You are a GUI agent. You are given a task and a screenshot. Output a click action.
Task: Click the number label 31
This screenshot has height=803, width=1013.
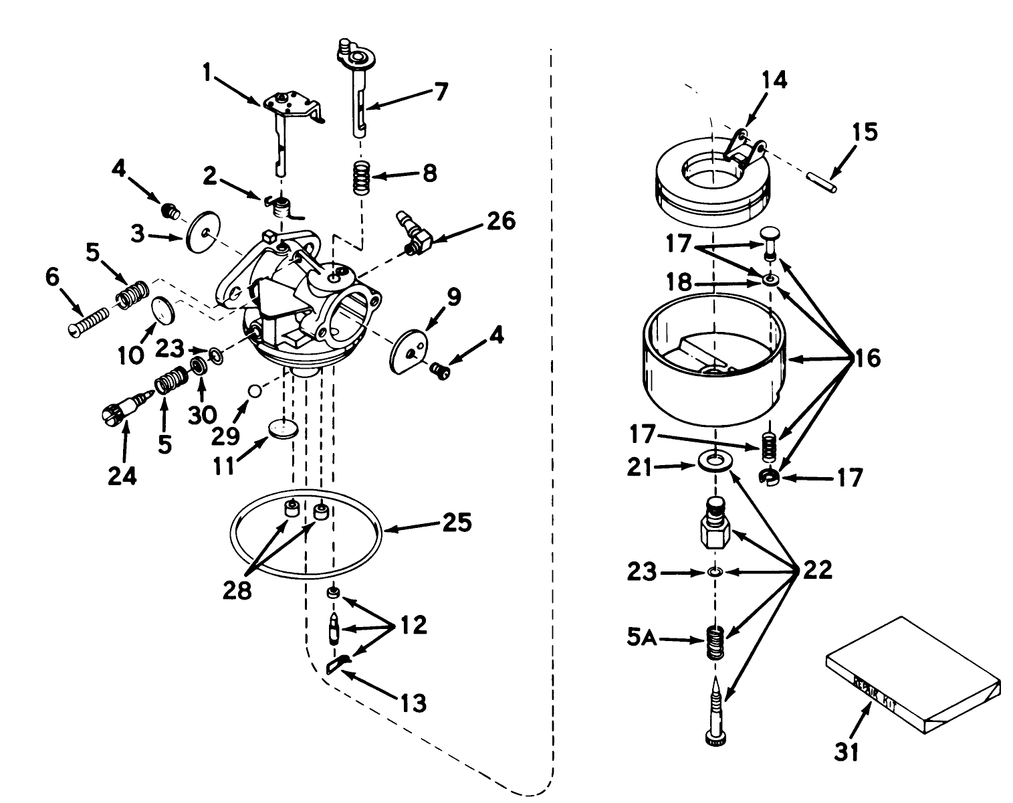coord(846,751)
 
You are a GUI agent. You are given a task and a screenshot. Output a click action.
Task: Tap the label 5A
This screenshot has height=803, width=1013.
coord(643,639)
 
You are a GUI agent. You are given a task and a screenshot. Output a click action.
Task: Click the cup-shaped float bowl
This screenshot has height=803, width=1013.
coord(714,368)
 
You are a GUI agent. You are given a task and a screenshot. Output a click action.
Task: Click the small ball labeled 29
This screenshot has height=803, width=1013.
coord(253,390)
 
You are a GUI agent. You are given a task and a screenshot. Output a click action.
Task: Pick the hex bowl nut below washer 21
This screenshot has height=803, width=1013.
coord(715,527)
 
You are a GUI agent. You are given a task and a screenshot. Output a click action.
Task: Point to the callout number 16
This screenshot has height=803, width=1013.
coord(867,358)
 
